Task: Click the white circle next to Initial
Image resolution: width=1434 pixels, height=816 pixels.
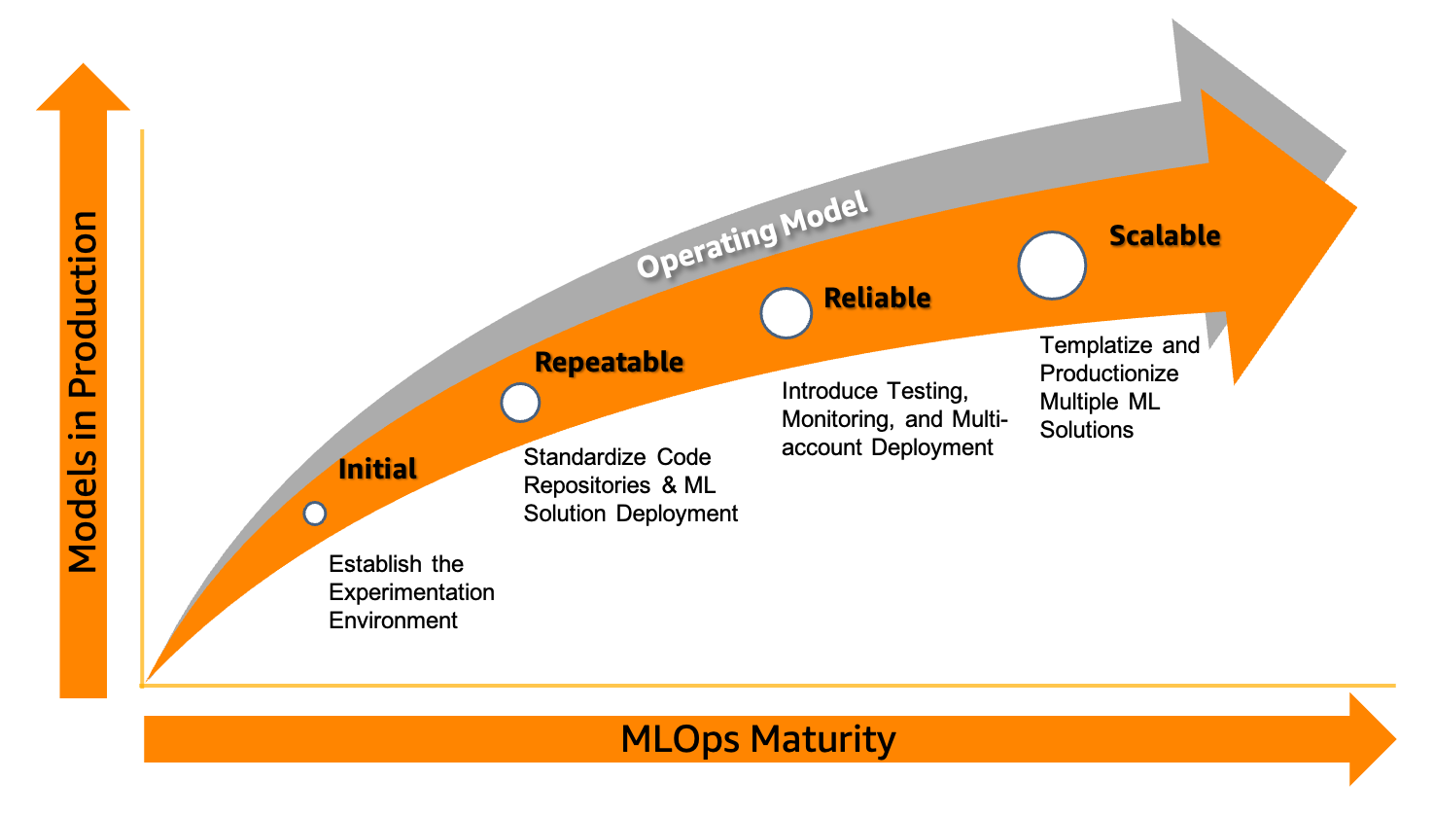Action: [314, 514]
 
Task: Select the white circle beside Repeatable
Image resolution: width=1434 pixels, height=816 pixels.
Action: [520, 403]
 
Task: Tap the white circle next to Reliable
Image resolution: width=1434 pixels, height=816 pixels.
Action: [787, 312]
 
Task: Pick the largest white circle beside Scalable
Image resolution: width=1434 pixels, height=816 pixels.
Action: [1052, 266]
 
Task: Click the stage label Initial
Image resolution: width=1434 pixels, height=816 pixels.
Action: [377, 469]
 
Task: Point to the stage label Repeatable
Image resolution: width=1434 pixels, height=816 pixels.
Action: [609, 363]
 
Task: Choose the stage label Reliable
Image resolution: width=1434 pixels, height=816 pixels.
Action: [877, 298]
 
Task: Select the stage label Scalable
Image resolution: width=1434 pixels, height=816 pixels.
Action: [1165, 235]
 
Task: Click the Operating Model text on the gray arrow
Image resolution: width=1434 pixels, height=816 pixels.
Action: [752, 234]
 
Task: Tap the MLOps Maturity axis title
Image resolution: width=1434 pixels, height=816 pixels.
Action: [758, 739]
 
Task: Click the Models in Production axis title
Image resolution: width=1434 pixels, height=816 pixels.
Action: [84, 391]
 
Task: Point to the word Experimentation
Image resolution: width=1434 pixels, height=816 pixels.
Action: [411, 593]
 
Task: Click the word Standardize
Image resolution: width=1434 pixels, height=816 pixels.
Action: [584, 457]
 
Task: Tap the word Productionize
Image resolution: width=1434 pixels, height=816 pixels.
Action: [1108, 373]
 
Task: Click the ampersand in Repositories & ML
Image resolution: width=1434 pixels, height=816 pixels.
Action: [669, 485]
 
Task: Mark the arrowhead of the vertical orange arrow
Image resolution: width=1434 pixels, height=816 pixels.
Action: [84, 88]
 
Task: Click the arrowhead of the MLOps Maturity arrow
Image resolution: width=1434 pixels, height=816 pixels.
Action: [1373, 739]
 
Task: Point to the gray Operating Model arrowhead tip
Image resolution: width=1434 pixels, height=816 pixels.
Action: [1347, 151]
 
